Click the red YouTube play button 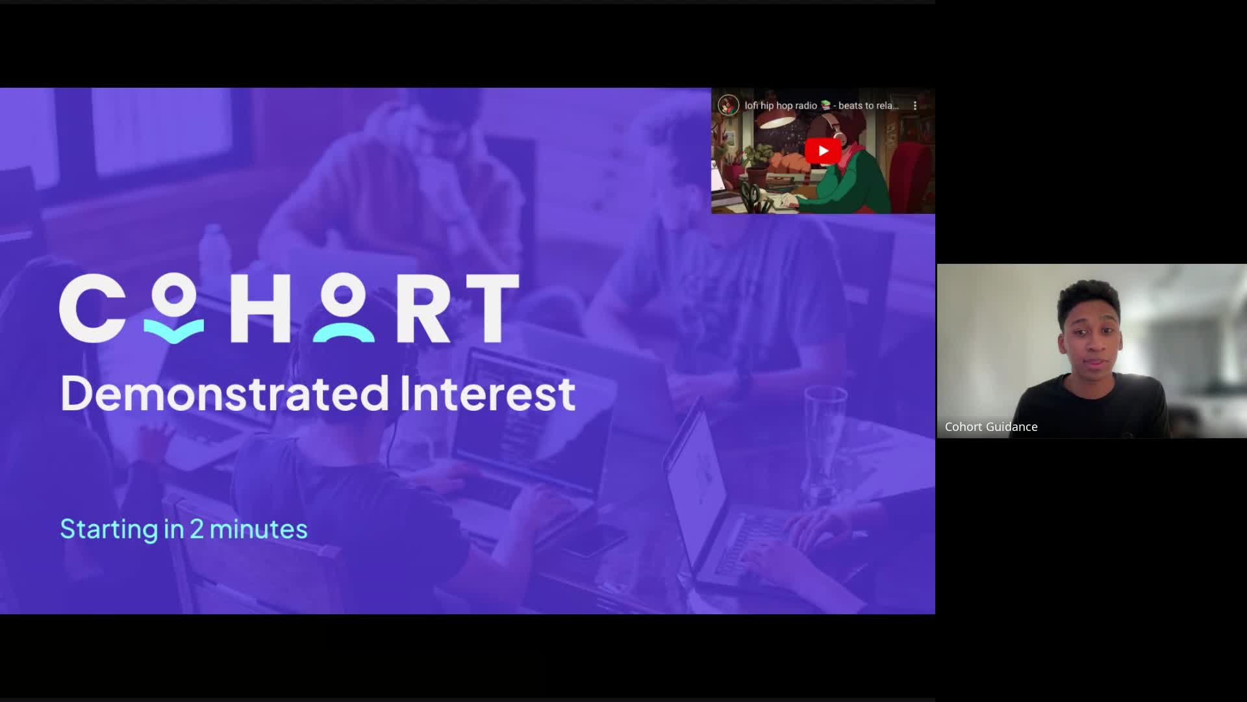[x=823, y=151]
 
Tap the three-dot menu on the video [x=915, y=105]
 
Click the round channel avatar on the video [x=729, y=105]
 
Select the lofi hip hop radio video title [x=822, y=105]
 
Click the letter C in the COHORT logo [x=91, y=308]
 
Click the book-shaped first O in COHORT [x=173, y=309]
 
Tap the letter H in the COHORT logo [x=260, y=308]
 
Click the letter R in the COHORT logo [x=423, y=308]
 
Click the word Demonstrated [x=225, y=393]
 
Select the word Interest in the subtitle [x=488, y=393]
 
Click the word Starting [x=109, y=530]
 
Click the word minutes [x=258, y=529]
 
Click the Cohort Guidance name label [x=991, y=427]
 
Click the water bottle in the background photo [x=214, y=253]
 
